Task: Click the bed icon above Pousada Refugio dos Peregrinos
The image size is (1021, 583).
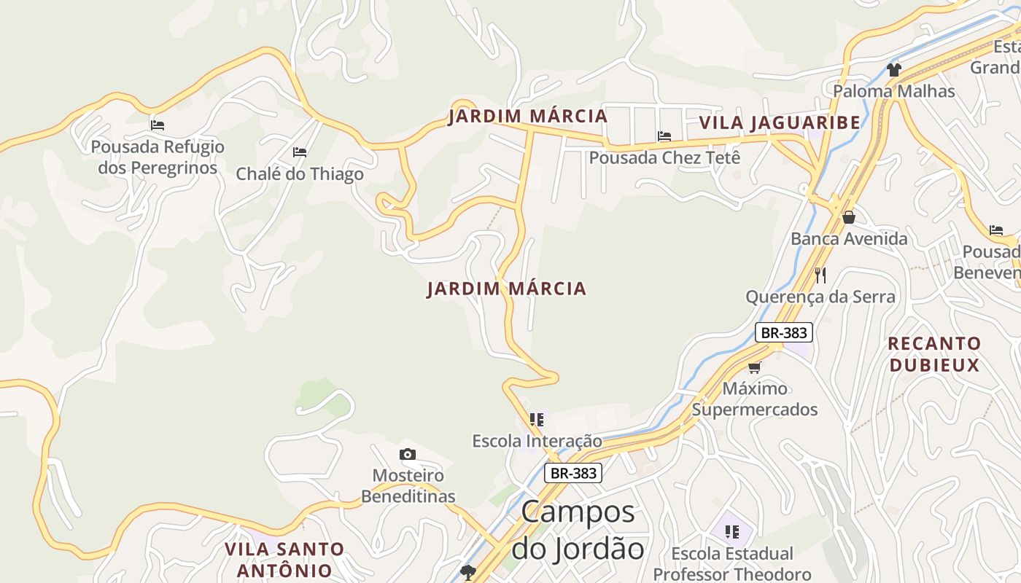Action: (158, 125)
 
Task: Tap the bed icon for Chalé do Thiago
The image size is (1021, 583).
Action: (300, 152)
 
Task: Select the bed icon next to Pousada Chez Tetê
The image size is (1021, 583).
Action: (664, 136)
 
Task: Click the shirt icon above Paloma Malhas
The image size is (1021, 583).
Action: (894, 69)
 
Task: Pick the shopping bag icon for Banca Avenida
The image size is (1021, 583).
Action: (849, 217)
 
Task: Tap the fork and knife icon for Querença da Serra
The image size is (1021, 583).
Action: (820, 275)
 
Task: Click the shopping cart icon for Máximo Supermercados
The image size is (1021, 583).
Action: (755, 367)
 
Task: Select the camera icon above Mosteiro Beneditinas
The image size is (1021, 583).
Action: (408, 455)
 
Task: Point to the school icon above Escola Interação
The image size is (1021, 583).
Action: (537, 420)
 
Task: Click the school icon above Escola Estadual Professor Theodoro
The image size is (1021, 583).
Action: (732, 532)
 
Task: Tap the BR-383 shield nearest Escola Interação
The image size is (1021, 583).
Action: (573, 473)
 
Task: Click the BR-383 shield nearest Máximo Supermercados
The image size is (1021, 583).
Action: (783, 333)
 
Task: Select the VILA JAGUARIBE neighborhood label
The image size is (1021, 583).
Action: (780, 122)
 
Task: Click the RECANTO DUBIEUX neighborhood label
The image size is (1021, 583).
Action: (934, 354)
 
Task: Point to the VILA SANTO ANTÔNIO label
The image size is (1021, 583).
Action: (284, 560)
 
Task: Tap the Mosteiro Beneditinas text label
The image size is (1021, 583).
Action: (408, 486)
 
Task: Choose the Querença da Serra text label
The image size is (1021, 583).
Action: (820, 297)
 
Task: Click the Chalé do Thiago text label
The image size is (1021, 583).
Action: (300, 174)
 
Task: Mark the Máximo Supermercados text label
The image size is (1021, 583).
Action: (755, 399)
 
